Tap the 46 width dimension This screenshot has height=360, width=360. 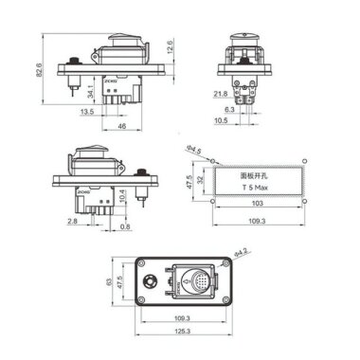point(121,124)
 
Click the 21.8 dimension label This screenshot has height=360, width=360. point(220,93)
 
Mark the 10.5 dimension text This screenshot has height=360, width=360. point(220,120)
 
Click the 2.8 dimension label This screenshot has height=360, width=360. point(73,220)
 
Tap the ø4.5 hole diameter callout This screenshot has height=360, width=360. point(195,149)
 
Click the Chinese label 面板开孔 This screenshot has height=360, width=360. point(259,175)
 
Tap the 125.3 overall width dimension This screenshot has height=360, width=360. point(182,333)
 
